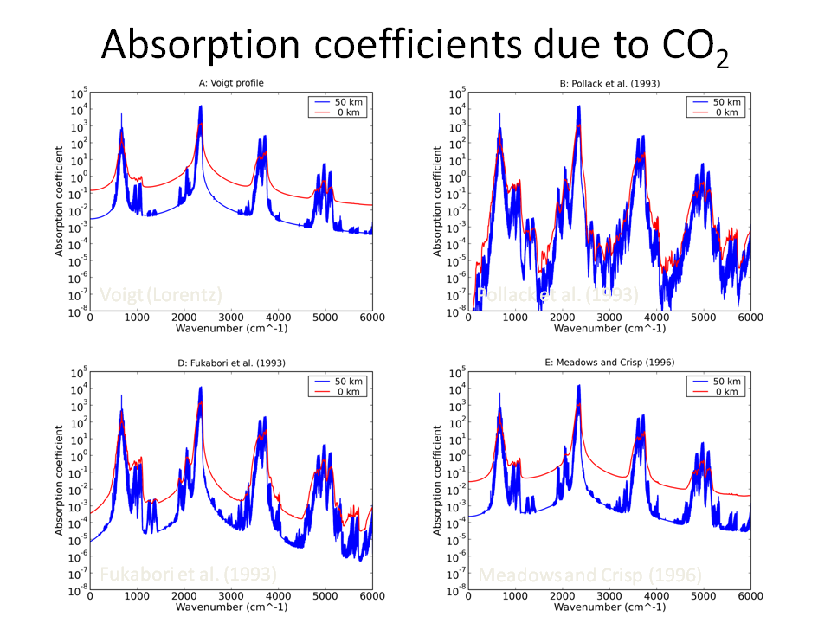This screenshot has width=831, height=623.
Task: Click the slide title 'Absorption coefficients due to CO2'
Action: pyautogui.click(x=415, y=45)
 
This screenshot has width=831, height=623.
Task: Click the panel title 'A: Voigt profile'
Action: pyautogui.click(x=231, y=83)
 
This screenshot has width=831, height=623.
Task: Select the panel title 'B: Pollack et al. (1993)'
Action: pyautogui.click(x=609, y=83)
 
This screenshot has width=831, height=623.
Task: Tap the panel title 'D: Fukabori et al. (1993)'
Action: pyautogui.click(x=231, y=363)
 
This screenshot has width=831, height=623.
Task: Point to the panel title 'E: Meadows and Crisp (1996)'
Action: pyautogui.click(x=609, y=363)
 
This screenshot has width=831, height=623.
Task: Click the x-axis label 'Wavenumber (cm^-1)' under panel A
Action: pyautogui.click(x=231, y=329)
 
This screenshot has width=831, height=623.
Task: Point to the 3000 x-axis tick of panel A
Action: pyautogui.click(x=231, y=318)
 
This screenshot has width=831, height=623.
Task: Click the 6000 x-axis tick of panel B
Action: pyautogui.click(x=750, y=318)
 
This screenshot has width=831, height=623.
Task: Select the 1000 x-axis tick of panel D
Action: pyautogui.click(x=137, y=597)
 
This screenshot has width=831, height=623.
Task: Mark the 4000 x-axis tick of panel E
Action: pyautogui.click(x=656, y=597)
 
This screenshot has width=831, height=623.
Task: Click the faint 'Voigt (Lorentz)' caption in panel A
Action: pyautogui.click(x=161, y=295)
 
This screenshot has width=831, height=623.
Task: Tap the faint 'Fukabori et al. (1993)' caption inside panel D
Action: pyautogui.click(x=188, y=575)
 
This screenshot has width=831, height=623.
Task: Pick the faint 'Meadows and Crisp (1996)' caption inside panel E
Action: pyautogui.click(x=589, y=575)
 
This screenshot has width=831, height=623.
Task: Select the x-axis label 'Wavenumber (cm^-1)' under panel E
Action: pyautogui.click(x=609, y=608)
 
